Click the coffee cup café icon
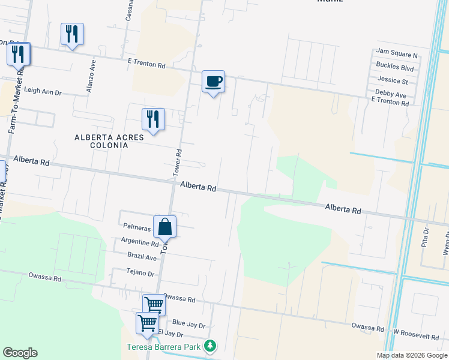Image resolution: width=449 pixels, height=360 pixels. pos(213,81)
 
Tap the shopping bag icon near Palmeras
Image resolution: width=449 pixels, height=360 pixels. pos(164,227)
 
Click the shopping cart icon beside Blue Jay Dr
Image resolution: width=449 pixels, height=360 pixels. pos(147,323)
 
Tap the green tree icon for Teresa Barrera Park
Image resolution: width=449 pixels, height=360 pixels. pos(209,346)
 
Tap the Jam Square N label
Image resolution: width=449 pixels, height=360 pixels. pos(396,55)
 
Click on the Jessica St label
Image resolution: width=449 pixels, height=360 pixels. pos(393,80)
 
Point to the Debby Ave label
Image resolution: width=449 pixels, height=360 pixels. pos(391,95)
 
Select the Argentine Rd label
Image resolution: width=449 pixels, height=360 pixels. pos(139,243)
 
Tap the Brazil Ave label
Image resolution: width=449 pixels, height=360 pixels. pos(142,256)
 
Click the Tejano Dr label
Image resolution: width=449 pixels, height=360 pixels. pos(140,272)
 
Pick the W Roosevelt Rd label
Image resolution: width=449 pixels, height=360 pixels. pos(416,332)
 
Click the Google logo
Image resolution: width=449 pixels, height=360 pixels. pos(20,353)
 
